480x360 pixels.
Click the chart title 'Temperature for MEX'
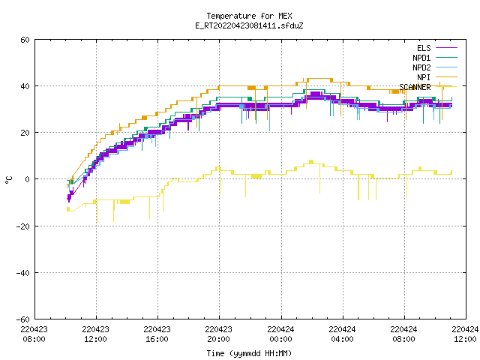pyautogui.click(x=249, y=16)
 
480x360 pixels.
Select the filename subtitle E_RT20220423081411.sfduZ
pyautogui.click(x=249, y=25)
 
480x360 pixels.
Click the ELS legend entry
pyautogui.click(x=424, y=48)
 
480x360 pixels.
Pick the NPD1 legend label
pyautogui.click(x=421, y=58)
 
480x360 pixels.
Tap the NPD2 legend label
pyautogui.click(x=421, y=67)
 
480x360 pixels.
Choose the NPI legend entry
pyautogui.click(x=424, y=77)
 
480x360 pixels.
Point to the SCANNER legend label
pyautogui.click(x=415, y=87)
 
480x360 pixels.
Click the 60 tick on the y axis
pyautogui.click(x=25, y=40)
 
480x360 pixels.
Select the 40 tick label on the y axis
pyautogui.click(x=25, y=86)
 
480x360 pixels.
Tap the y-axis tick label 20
pyautogui.click(x=25, y=133)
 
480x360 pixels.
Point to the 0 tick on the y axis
pyautogui.click(x=27, y=179)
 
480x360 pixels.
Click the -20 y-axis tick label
pyautogui.click(x=23, y=226)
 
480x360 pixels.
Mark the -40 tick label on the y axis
pyautogui.click(x=23, y=273)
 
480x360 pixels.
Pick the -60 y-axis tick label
pyautogui.click(x=23, y=319)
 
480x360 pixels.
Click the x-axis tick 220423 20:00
pyautogui.click(x=218, y=334)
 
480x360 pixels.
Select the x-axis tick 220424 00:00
pyautogui.click(x=280, y=334)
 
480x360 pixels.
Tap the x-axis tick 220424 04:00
pyautogui.click(x=342, y=334)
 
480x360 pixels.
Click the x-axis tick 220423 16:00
pyautogui.click(x=157, y=334)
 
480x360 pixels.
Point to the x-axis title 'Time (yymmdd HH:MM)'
pyautogui.click(x=249, y=353)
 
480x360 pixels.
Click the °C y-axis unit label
pyautogui.click(x=9, y=180)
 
